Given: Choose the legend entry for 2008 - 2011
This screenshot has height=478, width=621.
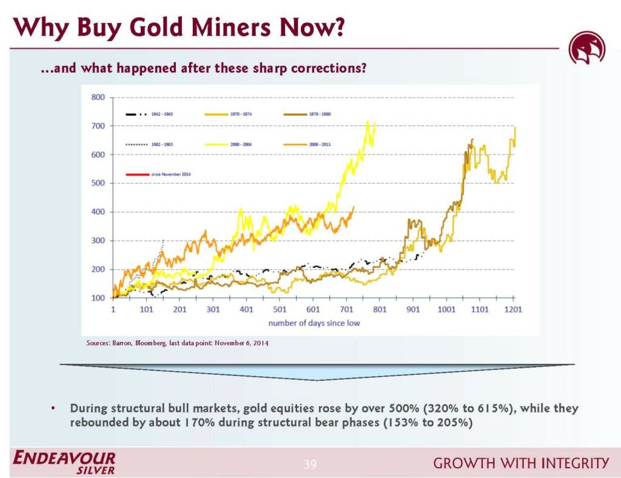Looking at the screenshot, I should point(319,144).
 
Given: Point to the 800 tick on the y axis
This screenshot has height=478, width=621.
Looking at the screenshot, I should point(98,97).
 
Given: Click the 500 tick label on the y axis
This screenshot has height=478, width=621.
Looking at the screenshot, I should point(98,183).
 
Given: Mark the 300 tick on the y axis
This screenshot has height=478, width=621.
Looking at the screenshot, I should point(98,241).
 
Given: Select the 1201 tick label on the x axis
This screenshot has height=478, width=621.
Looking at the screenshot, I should point(513,309).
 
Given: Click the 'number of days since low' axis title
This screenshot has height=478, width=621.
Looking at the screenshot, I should point(314,323).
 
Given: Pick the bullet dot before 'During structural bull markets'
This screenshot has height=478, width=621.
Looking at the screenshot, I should point(54,408).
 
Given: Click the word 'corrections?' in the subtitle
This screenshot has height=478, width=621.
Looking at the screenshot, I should point(333,68).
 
